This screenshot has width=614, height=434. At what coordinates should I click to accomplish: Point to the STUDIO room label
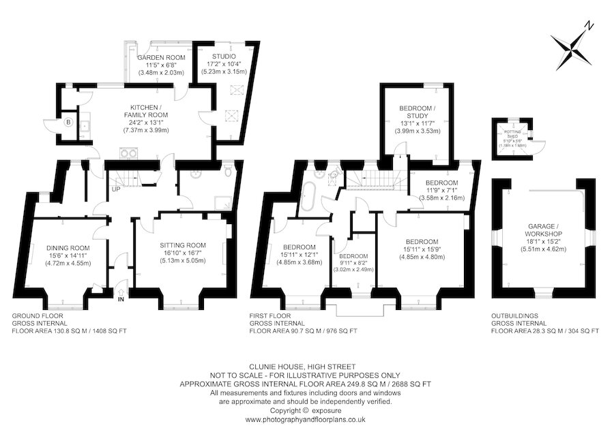(x=224, y=56)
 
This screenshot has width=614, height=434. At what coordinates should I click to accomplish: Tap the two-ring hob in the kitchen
(x=128, y=153)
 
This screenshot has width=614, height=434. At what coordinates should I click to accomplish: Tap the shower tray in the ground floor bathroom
(x=222, y=201)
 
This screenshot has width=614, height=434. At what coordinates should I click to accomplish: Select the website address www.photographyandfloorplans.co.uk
(x=306, y=420)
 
